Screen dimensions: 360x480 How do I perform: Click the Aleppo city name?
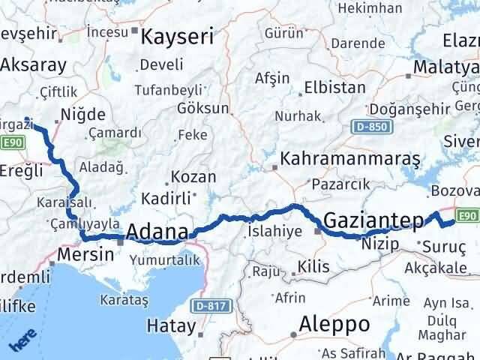tap(334, 324)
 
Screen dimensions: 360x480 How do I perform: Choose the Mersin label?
tap(87, 254)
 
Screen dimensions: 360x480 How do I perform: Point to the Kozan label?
tap(193, 178)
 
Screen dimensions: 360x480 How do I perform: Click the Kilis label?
tap(313, 265)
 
